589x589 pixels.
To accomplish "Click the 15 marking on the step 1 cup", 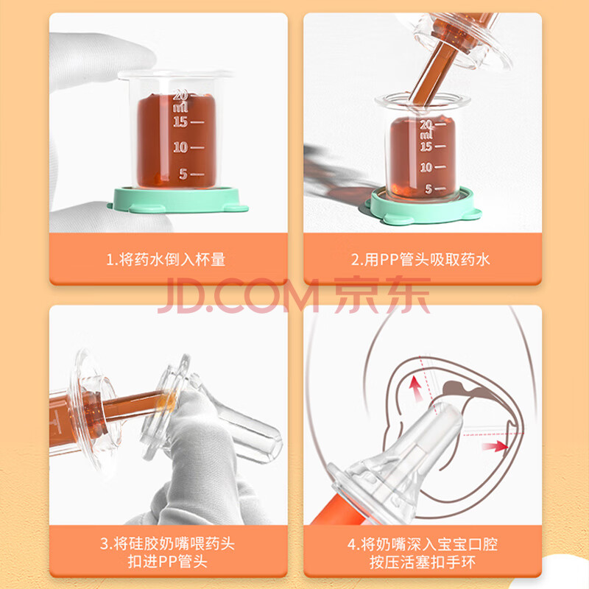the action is tap(180, 121).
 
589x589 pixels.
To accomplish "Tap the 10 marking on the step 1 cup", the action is tap(180, 147).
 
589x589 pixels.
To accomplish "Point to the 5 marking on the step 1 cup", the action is tap(183, 174).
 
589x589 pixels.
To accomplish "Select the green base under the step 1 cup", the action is tap(177, 200).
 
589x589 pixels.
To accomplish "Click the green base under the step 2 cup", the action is tap(423, 206).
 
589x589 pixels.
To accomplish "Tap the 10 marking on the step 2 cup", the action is tap(426, 167).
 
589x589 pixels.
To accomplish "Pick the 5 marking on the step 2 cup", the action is tap(428, 189).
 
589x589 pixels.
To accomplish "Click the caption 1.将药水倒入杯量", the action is tap(166, 260).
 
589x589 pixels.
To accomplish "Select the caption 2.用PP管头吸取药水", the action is tap(420, 260).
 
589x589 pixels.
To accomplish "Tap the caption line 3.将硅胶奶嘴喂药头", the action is tap(168, 543).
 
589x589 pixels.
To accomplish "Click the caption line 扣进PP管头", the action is tap(168, 562).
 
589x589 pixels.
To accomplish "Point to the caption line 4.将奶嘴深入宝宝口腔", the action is tap(423, 544).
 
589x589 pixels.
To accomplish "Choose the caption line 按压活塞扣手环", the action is tap(423, 562).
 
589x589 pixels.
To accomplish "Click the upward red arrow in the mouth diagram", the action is tap(415, 389).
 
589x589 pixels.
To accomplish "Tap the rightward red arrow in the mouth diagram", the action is tap(495, 447).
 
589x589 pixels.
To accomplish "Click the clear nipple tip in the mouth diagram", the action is tap(447, 413).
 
